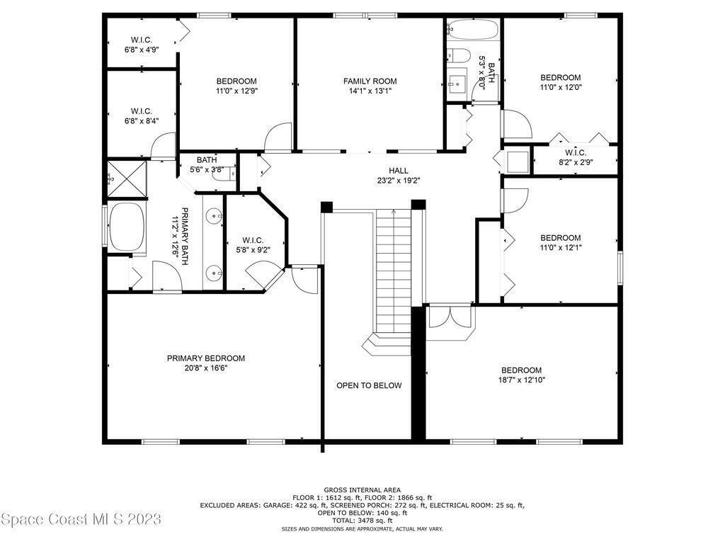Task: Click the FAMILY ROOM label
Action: pyautogui.click(x=370, y=81)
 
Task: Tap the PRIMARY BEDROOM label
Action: pyautogui.click(x=206, y=358)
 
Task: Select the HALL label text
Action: pyautogui.click(x=398, y=171)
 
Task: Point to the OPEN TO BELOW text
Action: pyautogui.click(x=369, y=386)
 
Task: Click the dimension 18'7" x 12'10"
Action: pyautogui.click(x=522, y=380)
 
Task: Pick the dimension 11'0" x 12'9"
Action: pyautogui.click(x=236, y=91)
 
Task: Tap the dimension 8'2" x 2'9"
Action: pyautogui.click(x=576, y=162)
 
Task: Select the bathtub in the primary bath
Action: pyautogui.click(x=126, y=225)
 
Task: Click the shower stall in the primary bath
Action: pyautogui.click(x=127, y=178)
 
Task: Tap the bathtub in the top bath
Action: pyautogui.click(x=473, y=30)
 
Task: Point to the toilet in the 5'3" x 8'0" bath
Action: pyautogui.click(x=459, y=55)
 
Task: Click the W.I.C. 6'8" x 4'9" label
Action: pyautogui.click(x=142, y=45)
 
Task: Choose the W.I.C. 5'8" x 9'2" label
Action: pyautogui.click(x=253, y=245)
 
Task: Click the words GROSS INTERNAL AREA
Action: pyautogui.click(x=362, y=490)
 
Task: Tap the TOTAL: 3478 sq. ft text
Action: pyautogui.click(x=362, y=521)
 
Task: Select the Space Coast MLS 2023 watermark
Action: pyautogui.click(x=81, y=519)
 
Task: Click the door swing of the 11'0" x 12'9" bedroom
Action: pyautogui.click(x=278, y=137)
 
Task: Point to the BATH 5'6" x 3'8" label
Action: pyautogui.click(x=207, y=165)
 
